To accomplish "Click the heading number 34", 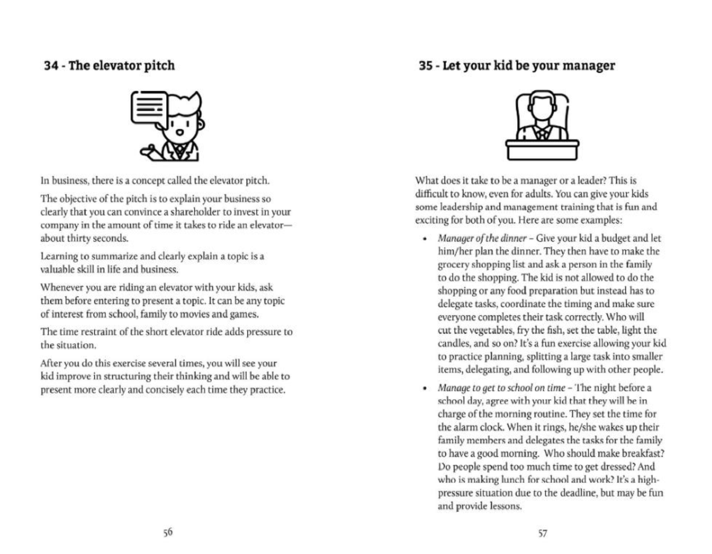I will [51, 66].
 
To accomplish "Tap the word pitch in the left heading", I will [159, 66].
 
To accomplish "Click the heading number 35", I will [426, 66].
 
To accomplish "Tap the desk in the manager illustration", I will [542, 150].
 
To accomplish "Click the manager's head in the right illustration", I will [542, 105].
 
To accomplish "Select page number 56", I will [168, 532].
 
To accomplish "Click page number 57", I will [542, 533].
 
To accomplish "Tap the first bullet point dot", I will [425, 239].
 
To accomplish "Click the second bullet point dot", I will [425, 388].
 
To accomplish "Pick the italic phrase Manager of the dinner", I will [482, 239].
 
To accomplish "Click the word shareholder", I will [196, 212].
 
